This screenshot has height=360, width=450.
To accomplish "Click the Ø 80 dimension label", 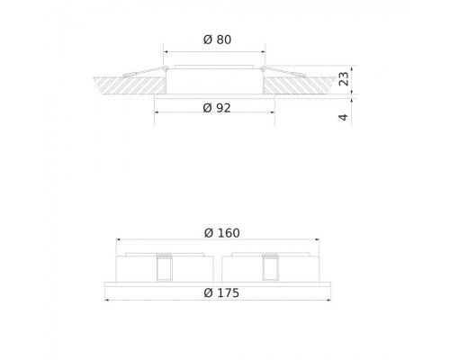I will point(217,40).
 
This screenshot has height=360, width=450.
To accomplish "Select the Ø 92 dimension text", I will point(217,108).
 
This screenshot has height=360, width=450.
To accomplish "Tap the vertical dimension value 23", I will point(344,79).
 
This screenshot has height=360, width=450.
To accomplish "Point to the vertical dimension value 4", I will point(344,117).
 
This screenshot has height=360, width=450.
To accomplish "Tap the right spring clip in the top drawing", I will point(286,72).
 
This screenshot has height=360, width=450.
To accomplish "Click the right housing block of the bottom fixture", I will point(297,269).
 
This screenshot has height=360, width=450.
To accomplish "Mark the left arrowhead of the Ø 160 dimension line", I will point(119,239).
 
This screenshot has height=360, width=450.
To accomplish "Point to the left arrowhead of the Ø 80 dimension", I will point(166,51).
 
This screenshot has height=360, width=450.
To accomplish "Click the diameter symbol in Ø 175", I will point(209,293).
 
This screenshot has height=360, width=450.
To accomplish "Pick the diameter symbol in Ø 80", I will point(207,40).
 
